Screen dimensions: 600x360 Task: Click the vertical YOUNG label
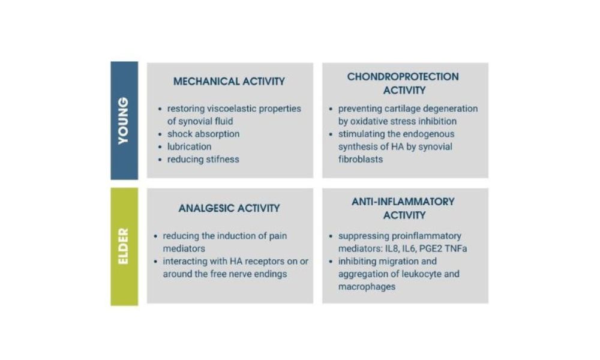[123, 121]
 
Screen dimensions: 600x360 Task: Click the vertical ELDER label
[123, 246]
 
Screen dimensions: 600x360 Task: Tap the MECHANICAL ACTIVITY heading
[229, 82]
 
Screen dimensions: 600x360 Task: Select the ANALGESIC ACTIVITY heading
[229, 209]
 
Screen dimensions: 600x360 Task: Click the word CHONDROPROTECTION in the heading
[403, 77]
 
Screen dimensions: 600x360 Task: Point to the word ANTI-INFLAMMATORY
[403, 202]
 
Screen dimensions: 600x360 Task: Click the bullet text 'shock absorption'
[203, 134]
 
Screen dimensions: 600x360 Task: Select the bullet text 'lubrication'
[189, 146]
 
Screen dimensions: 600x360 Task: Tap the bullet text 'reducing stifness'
[203, 159]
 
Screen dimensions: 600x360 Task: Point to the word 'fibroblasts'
[361, 159]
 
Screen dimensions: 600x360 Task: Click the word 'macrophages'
[367, 287]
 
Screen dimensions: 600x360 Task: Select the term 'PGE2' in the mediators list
[431, 248]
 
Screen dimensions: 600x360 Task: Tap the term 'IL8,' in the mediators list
[392, 248]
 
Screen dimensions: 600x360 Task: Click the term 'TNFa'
[457, 248]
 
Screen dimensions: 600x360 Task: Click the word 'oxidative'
[368, 121]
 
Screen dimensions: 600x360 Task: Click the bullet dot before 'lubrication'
[160, 147]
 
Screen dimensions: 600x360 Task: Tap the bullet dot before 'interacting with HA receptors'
[155, 262]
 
